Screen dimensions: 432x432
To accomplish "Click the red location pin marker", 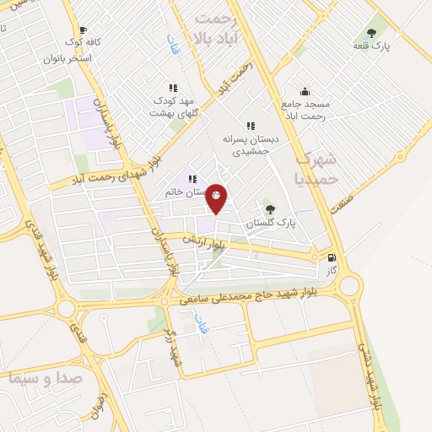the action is pos(216,197).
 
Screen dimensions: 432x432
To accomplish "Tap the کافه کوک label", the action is pos(90,41).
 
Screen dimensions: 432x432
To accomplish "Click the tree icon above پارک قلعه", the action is pos(371,32).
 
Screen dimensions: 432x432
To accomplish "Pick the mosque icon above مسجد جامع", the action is pos(304,91).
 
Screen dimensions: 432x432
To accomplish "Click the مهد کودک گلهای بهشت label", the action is pos(173,106).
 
